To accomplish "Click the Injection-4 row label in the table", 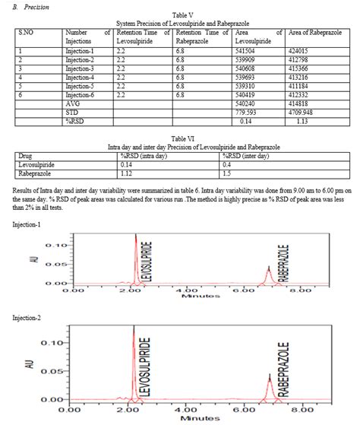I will pyautogui.click(x=80, y=77).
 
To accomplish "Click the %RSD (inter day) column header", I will pyautogui.click(x=249, y=155).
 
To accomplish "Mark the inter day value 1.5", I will pyautogui.click(x=226, y=172).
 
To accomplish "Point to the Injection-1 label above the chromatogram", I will pyautogui.click(x=27, y=224).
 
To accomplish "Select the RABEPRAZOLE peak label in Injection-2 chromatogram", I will pyautogui.click(x=282, y=368).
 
